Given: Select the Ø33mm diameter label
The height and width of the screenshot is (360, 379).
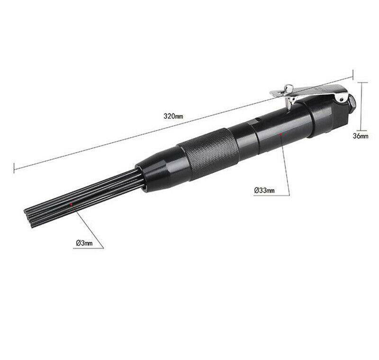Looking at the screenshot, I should (264, 190).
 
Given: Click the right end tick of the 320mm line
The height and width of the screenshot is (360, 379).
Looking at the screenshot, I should (353, 75).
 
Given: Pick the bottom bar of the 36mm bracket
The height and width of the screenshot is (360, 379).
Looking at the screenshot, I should (361, 129).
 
